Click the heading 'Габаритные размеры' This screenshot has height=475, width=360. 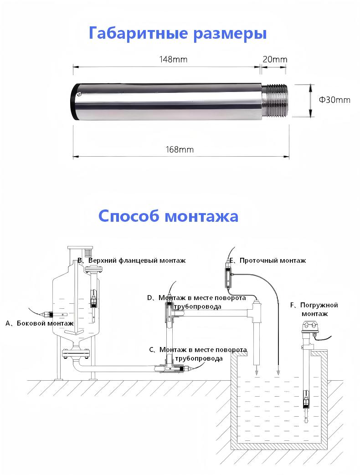(177, 34)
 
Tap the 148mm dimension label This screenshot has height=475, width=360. (173, 59)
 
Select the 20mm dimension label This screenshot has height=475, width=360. (275, 59)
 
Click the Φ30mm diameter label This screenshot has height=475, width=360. (334, 100)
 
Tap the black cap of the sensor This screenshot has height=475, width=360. (74, 101)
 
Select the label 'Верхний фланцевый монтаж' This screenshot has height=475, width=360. (137, 260)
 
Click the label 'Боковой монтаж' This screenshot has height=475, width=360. (45, 323)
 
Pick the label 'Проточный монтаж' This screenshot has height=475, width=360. (273, 260)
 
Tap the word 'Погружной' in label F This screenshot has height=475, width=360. (319, 305)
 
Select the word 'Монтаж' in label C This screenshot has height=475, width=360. (173, 350)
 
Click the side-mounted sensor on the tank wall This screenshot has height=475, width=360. (47, 314)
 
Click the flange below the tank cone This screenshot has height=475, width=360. (77, 352)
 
